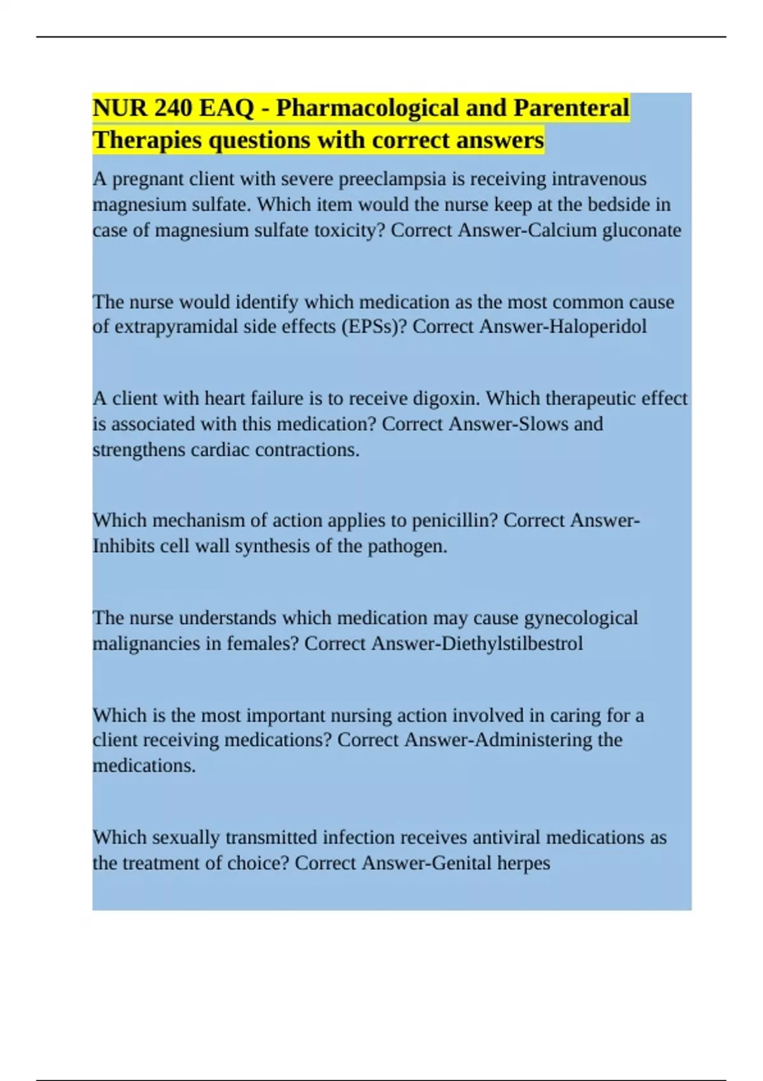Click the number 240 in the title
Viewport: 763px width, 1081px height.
(173, 108)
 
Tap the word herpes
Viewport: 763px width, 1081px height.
(523, 864)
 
